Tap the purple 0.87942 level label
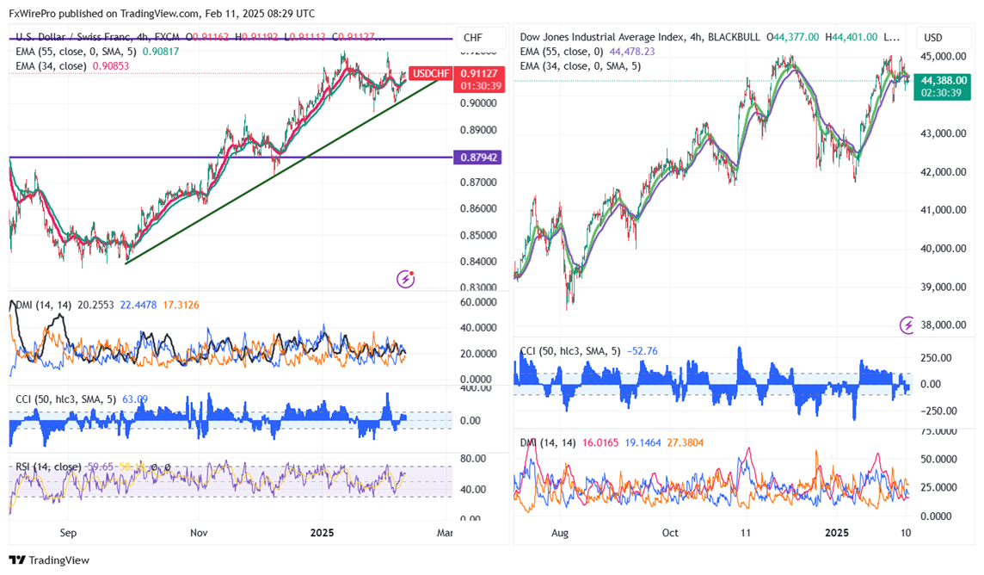(x=480, y=158)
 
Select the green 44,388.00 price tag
(x=944, y=80)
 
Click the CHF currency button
(x=472, y=38)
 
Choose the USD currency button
(x=933, y=38)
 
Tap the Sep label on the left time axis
(x=70, y=533)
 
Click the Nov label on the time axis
(x=199, y=533)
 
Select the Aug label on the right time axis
(x=560, y=533)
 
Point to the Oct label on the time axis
(x=670, y=533)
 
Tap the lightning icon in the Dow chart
(x=907, y=325)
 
